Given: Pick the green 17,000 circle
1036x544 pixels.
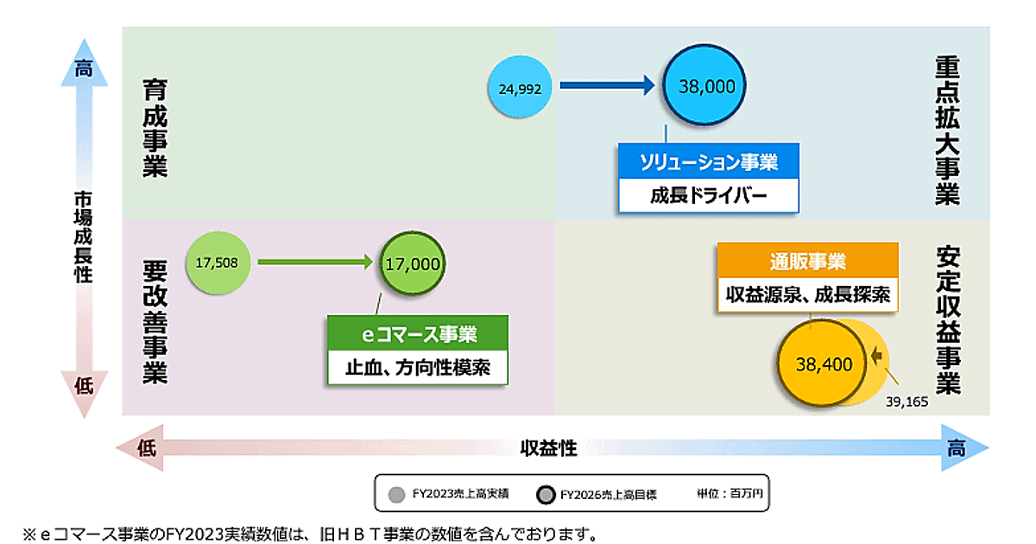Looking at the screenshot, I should pos(412,264).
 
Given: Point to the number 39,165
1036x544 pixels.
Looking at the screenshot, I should pos(906,402).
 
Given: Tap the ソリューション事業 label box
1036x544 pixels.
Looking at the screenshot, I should pos(709,161).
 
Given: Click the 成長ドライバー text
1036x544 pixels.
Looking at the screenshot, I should pos(709,195).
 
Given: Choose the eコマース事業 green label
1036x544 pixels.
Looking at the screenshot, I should pos(418,332).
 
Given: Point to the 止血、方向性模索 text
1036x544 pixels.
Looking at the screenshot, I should pos(418,367).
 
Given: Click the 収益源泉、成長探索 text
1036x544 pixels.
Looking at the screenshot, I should pos(807,294).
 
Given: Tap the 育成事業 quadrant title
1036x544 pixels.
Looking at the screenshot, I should pos(155,129).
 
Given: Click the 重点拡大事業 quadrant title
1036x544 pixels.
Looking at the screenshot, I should pos(947,131).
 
